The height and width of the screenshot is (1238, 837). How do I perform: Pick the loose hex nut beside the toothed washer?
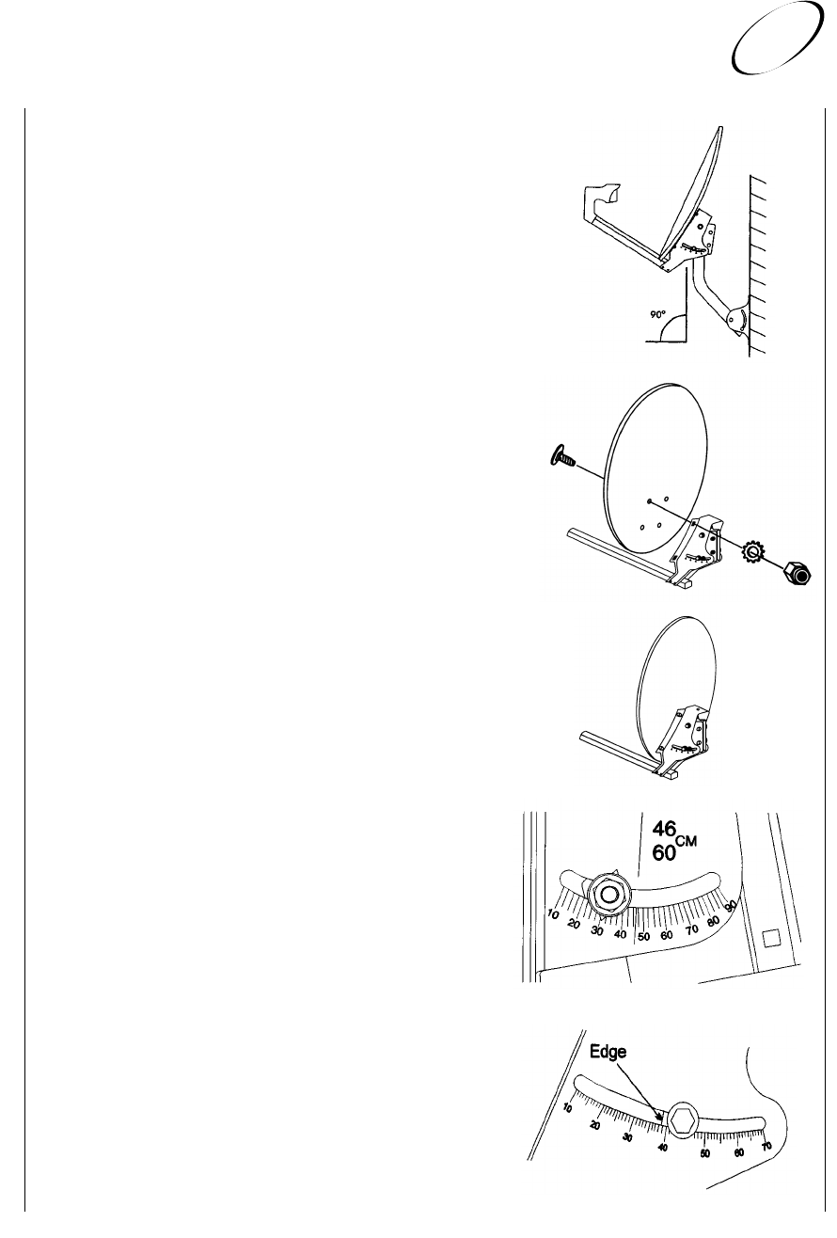pos(797,572)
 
